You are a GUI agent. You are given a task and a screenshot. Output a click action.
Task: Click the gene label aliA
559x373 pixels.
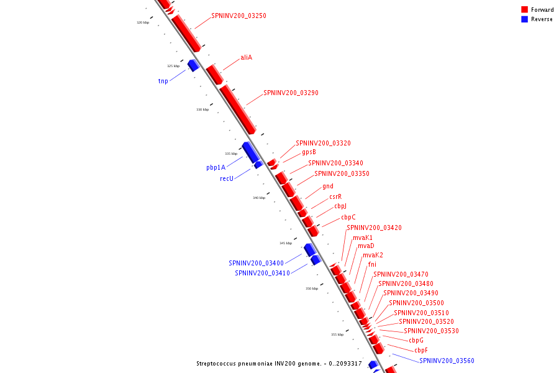pyautogui.click(x=247, y=57)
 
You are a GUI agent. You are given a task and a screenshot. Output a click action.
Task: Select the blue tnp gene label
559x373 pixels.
pyautogui.click(x=163, y=81)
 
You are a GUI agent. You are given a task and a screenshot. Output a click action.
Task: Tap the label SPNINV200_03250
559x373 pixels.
pyautogui.click(x=239, y=16)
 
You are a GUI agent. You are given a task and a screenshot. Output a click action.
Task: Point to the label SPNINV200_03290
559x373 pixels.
pyautogui.click(x=291, y=93)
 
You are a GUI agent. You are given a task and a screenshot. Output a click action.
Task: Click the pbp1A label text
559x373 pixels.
pyautogui.click(x=216, y=167)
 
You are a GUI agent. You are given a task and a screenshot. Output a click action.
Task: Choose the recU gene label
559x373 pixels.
pyautogui.click(x=227, y=178)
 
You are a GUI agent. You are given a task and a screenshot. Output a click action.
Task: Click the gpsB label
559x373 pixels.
pyautogui.click(x=309, y=152)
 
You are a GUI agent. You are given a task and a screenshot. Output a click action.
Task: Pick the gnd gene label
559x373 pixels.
pyautogui.click(x=328, y=186)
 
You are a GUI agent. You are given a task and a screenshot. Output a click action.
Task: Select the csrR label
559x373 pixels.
pyautogui.click(x=335, y=196)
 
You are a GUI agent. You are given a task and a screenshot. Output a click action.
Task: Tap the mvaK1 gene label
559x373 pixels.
pyautogui.click(x=363, y=237)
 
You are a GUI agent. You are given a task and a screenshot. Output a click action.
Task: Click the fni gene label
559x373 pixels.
pyautogui.click(x=372, y=264)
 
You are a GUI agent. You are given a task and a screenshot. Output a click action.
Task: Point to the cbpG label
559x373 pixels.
pyautogui.click(x=416, y=340)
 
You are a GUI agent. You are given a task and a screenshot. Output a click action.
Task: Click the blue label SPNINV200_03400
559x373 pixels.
pyautogui.click(x=256, y=263)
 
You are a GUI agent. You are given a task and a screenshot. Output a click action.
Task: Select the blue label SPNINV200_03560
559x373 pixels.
pyautogui.click(x=447, y=361)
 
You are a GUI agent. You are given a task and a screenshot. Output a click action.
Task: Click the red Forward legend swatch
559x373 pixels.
pyautogui.click(x=524, y=9)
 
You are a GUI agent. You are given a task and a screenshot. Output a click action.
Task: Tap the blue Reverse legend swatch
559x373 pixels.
pyautogui.click(x=524, y=19)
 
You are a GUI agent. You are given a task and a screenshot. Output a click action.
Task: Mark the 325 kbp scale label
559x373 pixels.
pyautogui.click(x=173, y=66)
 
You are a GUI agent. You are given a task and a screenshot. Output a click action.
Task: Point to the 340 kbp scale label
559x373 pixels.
pyautogui.click(x=259, y=198)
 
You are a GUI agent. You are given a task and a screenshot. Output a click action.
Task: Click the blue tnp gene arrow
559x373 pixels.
pyautogui.click(x=193, y=65)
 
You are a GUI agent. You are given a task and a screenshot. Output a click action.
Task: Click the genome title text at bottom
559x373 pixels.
pyautogui.click(x=278, y=363)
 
